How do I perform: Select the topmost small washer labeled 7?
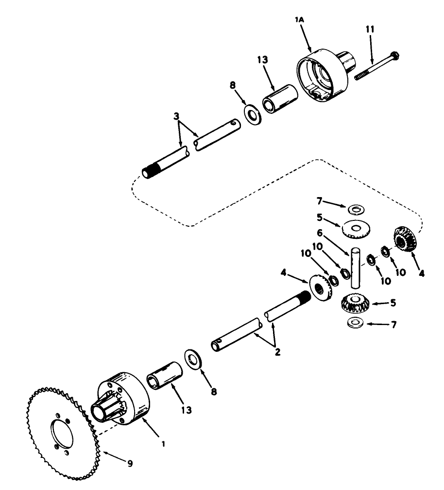[x=357, y=209]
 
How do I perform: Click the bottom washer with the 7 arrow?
[x=356, y=323]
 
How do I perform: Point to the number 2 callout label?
[x=277, y=352]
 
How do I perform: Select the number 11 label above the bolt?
[x=370, y=29]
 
